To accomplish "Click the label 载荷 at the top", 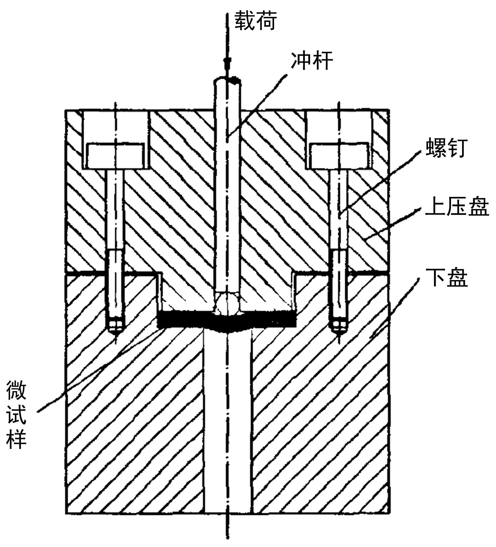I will tap(255, 21).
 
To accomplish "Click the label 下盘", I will tap(446, 277).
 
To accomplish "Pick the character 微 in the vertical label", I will tap(16, 390).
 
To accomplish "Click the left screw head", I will tap(115, 156).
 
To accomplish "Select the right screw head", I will tap(339, 156).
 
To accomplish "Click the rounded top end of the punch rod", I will tap(227, 80).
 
